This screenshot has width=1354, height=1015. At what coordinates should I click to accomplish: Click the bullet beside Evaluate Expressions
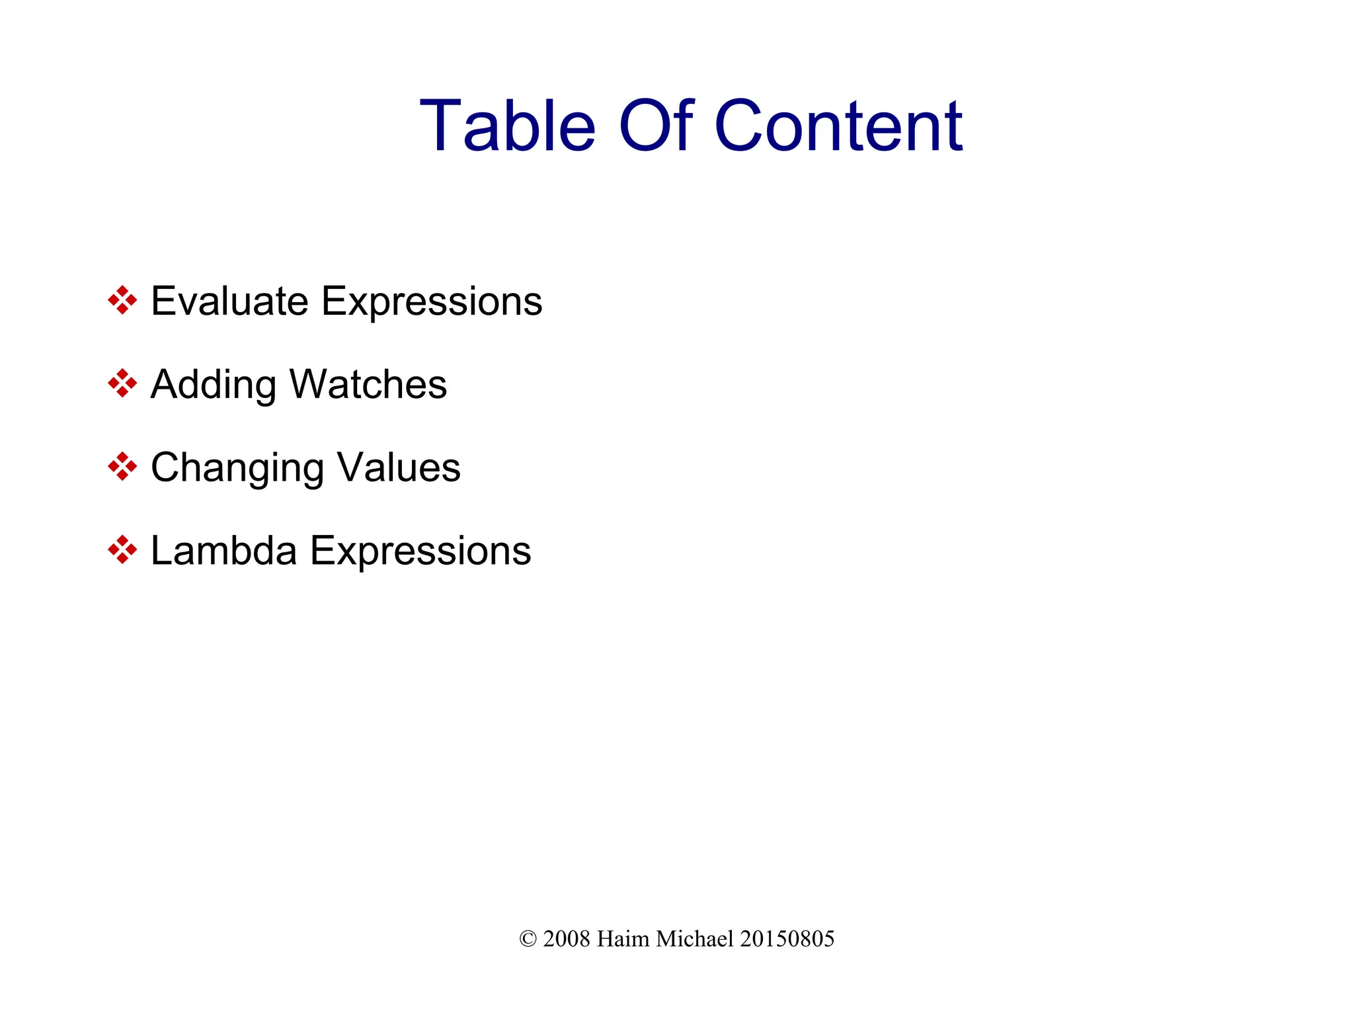122,301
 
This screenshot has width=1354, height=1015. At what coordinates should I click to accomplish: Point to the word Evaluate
229,302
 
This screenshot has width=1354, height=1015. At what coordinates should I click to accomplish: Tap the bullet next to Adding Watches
122,384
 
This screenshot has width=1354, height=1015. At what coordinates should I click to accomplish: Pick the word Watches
368,384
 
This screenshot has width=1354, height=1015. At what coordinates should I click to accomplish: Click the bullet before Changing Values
122,467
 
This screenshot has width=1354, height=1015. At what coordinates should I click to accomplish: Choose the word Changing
237,469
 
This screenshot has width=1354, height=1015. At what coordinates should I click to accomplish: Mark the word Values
399,467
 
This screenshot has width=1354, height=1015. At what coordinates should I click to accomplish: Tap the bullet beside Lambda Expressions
122,549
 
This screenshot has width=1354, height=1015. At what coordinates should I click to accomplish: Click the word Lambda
223,550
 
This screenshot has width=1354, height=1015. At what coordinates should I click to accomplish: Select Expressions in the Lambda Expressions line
420,551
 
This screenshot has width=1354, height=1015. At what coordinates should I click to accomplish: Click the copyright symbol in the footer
528,939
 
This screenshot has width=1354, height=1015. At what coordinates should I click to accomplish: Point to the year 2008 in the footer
567,939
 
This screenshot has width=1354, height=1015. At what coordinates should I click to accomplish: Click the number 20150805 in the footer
787,939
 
